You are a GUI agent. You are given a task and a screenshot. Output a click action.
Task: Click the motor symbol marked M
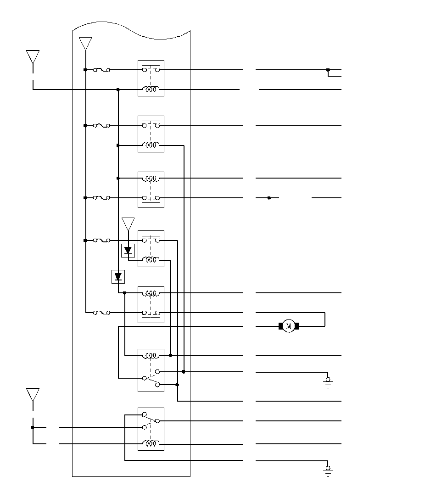(289, 326)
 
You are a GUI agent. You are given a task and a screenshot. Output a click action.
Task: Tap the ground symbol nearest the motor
(328, 382)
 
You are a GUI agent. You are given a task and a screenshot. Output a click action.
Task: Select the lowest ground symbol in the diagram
(328, 471)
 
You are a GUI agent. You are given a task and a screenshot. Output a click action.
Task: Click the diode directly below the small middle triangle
(128, 251)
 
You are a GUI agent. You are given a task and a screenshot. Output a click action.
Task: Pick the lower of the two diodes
(118, 277)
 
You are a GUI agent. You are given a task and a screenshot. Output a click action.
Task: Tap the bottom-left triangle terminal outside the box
(33, 395)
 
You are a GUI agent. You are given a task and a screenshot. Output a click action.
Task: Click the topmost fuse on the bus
(101, 70)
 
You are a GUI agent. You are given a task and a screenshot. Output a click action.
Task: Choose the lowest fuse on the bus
(101, 313)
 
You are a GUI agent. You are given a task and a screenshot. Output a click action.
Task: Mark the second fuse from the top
(101, 126)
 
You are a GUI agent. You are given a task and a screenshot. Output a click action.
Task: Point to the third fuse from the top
(101, 198)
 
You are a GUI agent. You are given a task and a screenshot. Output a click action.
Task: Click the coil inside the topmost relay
(151, 89)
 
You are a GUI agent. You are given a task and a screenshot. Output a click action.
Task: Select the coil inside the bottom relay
(151, 443)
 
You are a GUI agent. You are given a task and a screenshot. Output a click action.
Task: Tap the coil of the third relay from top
(151, 178)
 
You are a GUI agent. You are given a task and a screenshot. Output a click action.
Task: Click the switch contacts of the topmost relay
(151, 69)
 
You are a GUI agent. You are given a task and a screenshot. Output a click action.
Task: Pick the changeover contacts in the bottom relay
(151, 421)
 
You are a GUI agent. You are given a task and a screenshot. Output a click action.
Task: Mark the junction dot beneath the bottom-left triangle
(33, 427)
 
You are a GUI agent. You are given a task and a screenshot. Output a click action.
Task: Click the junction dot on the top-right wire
(328, 70)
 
